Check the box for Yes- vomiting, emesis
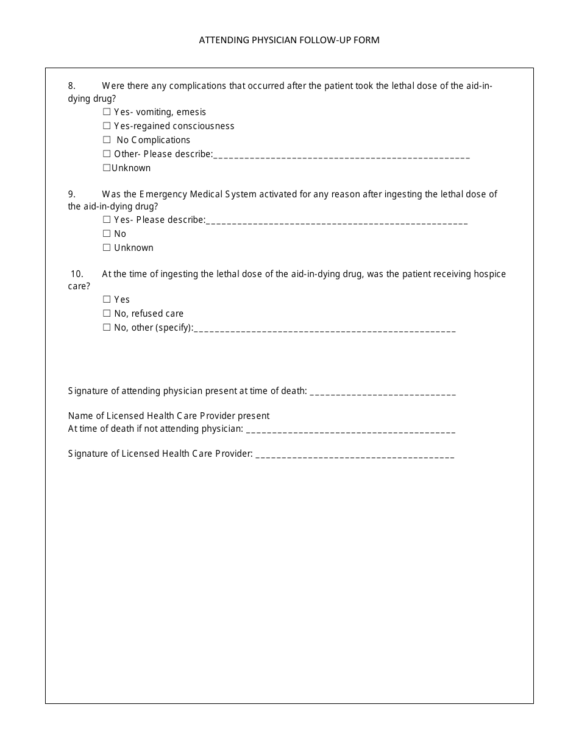[107, 112]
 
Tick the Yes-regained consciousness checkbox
[107, 126]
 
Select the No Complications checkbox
[107, 140]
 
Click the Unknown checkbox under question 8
[107, 168]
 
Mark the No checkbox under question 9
[107, 234]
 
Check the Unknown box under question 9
[107, 248]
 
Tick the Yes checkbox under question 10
[107, 300]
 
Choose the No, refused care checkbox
[107, 314]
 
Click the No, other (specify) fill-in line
[324, 329]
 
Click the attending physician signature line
[383, 393]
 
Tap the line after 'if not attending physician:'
[350, 431]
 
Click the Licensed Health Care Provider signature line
[355, 455]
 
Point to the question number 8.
[71, 86]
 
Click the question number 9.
[71, 194]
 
